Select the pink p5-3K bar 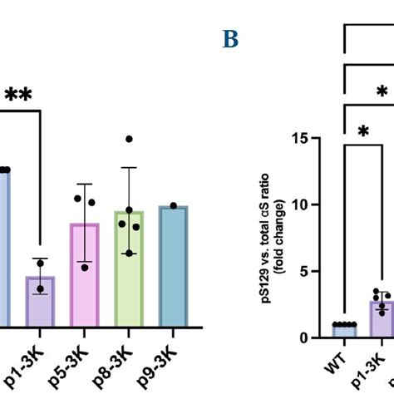pyautogui.click(x=85, y=274)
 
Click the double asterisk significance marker pyautogui.click(x=19, y=96)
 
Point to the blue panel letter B pyautogui.click(x=230, y=40)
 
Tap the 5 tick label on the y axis pyautogui.click(x=316, y=271)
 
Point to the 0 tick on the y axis pyautogui.click(x=316, y=337)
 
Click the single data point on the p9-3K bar pyautogui.click(x=173, y=205)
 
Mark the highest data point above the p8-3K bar pyautogui.click(x=129, y=139)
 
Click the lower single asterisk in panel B pyautogui.click(x=363, y=131)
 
